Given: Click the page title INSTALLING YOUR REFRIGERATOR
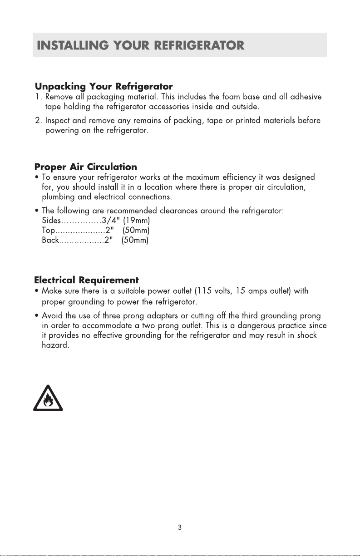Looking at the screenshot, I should coord(141,45).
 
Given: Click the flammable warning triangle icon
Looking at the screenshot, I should coord(48,398).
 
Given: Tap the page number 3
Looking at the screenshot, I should coord(180,527).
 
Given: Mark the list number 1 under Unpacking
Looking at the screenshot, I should coord(38,97).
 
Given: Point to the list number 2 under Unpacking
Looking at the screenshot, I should coord(38,121).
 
